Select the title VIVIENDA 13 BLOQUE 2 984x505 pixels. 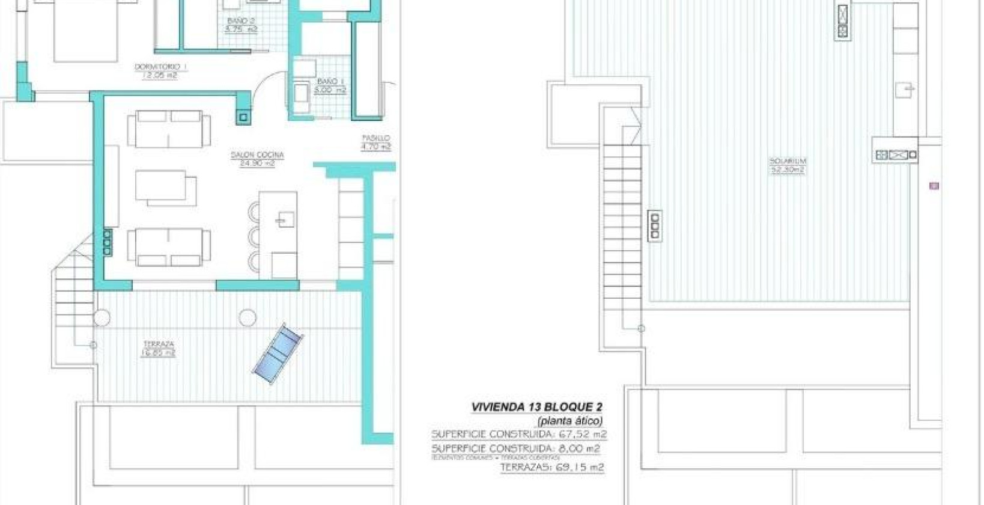(536, 407)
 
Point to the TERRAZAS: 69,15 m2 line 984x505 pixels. (552, 467)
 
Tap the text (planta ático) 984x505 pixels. (569, 421)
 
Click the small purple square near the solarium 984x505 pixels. (934, 186)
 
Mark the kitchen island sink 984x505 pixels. (284, 220)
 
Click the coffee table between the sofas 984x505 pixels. (165, 188)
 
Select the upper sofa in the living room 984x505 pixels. (169, 128)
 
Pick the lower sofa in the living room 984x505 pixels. (169, 246)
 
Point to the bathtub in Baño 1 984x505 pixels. (301, 98)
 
